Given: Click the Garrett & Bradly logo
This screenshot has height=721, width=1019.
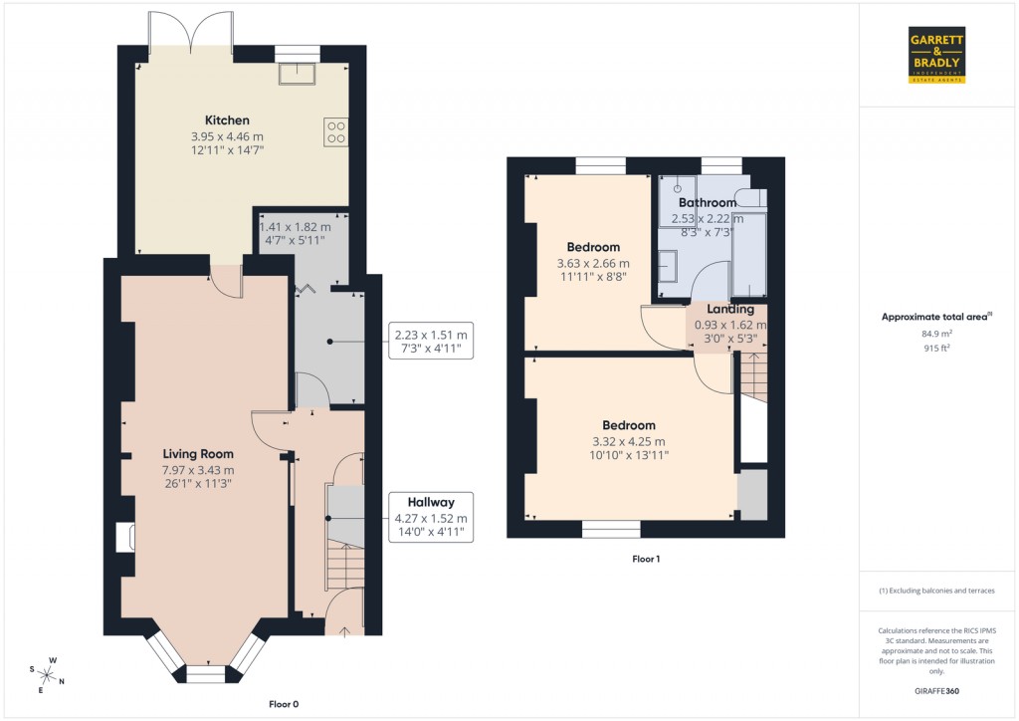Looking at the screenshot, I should click(x=937, y=55).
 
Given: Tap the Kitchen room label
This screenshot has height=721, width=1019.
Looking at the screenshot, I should click(x=227, y=120).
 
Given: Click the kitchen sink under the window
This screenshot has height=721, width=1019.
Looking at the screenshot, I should click(x=297, y=74).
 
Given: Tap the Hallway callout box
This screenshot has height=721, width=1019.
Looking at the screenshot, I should click(x=430, y=518).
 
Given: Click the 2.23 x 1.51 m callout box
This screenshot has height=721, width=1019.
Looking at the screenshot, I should click(x=431, y=342).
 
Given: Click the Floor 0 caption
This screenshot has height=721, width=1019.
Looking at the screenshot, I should click(x=284, y=704).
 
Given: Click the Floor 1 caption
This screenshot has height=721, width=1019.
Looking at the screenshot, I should click(x=646, y=560).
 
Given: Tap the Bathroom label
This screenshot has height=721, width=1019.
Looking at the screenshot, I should click(x=708, y=203).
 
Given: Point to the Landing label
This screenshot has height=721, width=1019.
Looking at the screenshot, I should click(x=730, y=310).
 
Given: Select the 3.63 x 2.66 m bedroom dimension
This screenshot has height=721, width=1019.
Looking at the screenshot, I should click(x=593, y=264).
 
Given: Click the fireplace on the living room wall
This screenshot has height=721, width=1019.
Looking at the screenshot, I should click(x=126, y=538).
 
